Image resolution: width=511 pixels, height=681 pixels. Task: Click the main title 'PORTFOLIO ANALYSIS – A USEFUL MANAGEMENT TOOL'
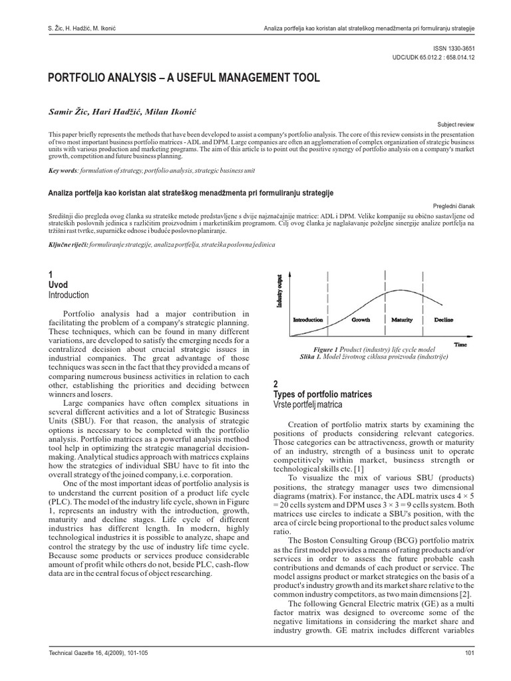[184, 78]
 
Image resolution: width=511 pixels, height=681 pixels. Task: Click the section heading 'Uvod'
[59, 285]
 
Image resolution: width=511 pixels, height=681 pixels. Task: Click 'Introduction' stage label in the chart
[308, 319]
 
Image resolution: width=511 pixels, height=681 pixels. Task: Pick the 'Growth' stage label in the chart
[361, 319]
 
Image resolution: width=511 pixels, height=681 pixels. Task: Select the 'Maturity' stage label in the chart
[402, 319]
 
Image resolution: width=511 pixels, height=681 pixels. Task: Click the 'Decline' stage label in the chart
[443, 319]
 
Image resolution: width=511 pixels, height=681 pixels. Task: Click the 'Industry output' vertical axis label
[280, 291]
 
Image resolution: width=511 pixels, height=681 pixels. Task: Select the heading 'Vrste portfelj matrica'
[307, 405]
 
